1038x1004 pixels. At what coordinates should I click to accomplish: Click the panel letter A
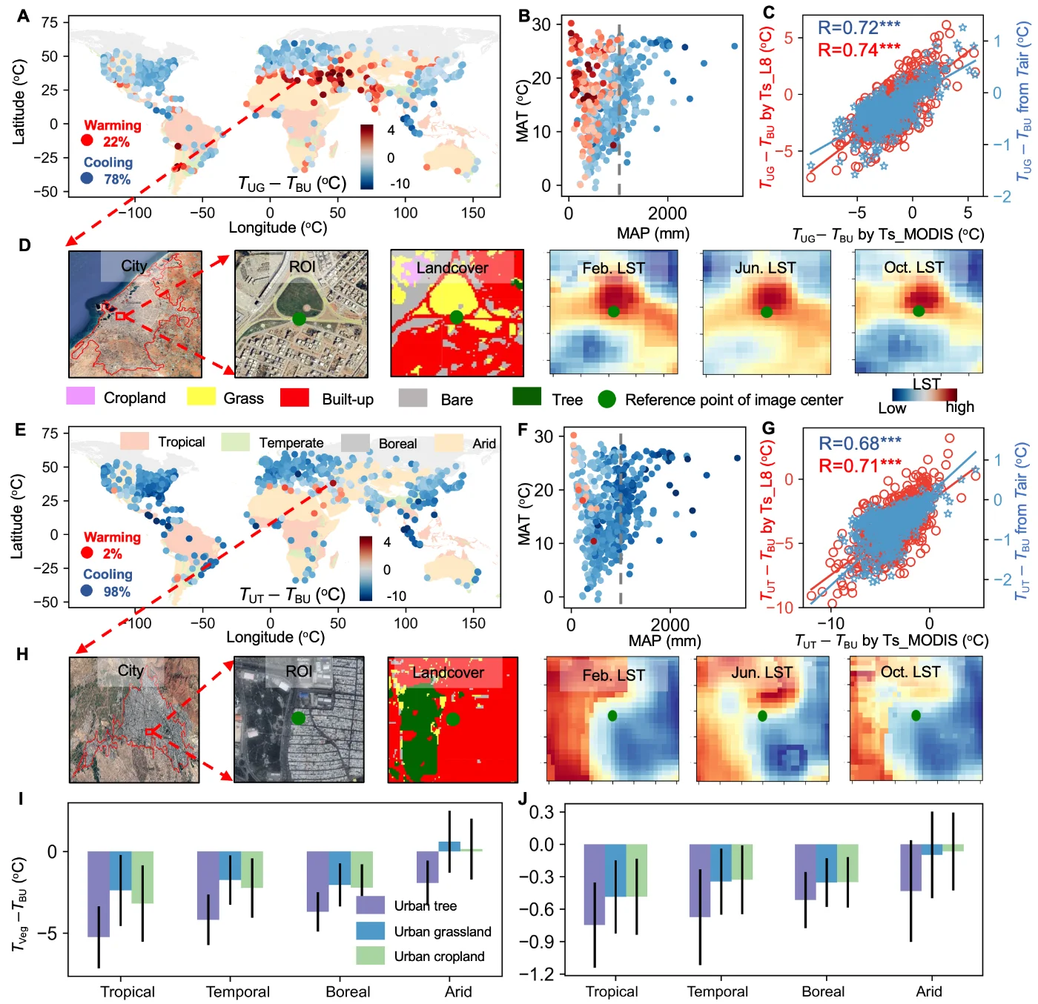tap(23, 16)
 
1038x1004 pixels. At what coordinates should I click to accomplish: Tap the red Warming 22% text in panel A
tap(113, 133)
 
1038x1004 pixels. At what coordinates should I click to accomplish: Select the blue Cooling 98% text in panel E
tap(108, 583)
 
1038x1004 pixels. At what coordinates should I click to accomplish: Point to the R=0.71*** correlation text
tap(859, 465)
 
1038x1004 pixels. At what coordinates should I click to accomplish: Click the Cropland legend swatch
tap(81, 396)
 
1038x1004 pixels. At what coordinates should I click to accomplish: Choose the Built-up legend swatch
tap(294, 398)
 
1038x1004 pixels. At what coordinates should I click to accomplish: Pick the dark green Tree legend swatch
tap(526, 396)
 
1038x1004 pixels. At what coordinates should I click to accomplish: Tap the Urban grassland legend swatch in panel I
tap(370, 931)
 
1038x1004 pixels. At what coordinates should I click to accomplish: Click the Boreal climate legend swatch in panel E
tap(354, 442)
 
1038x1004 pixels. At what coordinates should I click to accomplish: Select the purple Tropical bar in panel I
tap(99, 894)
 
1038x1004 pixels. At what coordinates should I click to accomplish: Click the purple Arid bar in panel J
tap(910, 868)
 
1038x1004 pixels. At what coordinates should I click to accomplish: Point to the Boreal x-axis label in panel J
tap(822, 991)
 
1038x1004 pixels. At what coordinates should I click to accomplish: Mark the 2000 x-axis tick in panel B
tap(667, 213)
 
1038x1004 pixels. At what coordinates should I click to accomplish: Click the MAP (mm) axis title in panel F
tap(664, 640)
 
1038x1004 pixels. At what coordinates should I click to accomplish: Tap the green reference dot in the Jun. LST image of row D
tap(766, 313)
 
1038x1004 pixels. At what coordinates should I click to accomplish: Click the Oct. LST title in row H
tap(910, 672)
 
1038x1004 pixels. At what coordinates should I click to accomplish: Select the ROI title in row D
tap(302, 267)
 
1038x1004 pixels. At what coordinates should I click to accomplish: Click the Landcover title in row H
tap(448, 673)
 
